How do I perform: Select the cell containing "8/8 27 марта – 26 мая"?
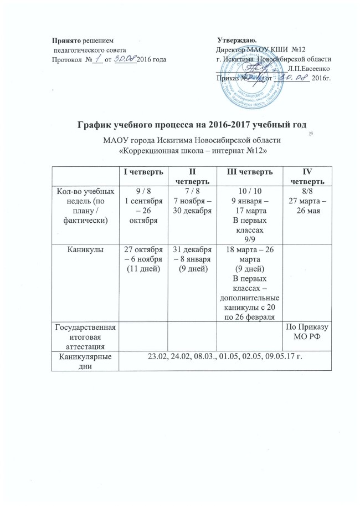coord(303,200)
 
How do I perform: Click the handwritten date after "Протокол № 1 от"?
coord(125,58)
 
